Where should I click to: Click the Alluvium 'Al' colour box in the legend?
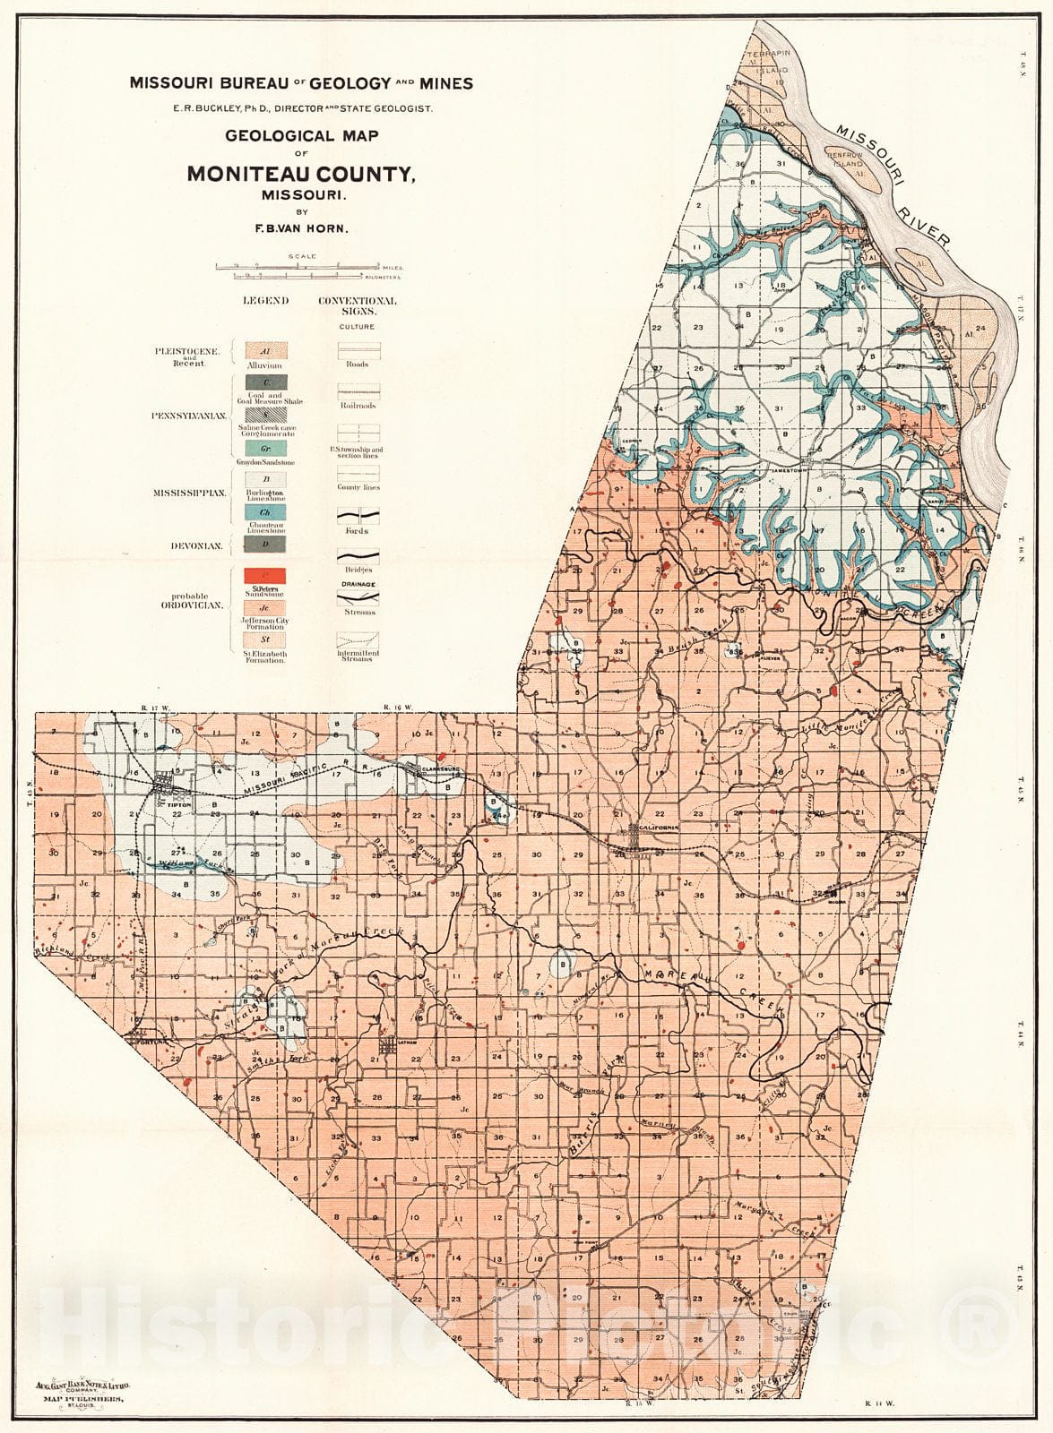coord(265,350)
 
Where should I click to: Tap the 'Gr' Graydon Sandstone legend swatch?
coord(265,448)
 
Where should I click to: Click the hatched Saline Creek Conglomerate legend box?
coord(265,416)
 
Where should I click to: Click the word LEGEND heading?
coord(265,301)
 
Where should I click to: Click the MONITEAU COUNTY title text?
coord(300,175)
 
